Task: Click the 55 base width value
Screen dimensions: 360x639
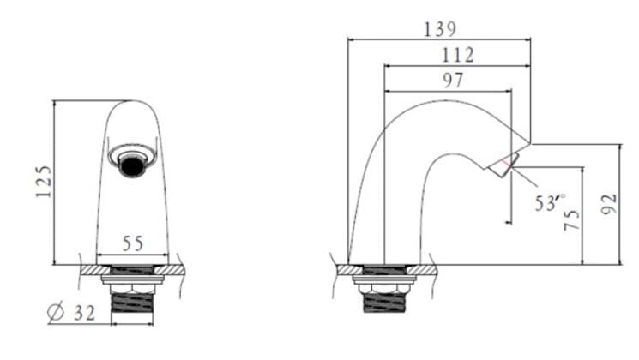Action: click(x=132, y=244)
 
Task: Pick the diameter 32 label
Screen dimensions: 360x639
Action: click(x=73, y=314)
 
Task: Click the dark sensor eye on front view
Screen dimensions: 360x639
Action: click(x=132, y=165)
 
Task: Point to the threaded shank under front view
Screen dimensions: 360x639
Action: click(x=132, y=306)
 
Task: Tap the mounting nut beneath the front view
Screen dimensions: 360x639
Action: click(x=132, y=279)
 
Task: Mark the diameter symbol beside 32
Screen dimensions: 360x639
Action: click(x=55, y=314)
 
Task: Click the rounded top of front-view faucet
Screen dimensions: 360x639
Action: click(x=132, y=105)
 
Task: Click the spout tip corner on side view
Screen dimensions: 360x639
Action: click(x=531, y=143)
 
